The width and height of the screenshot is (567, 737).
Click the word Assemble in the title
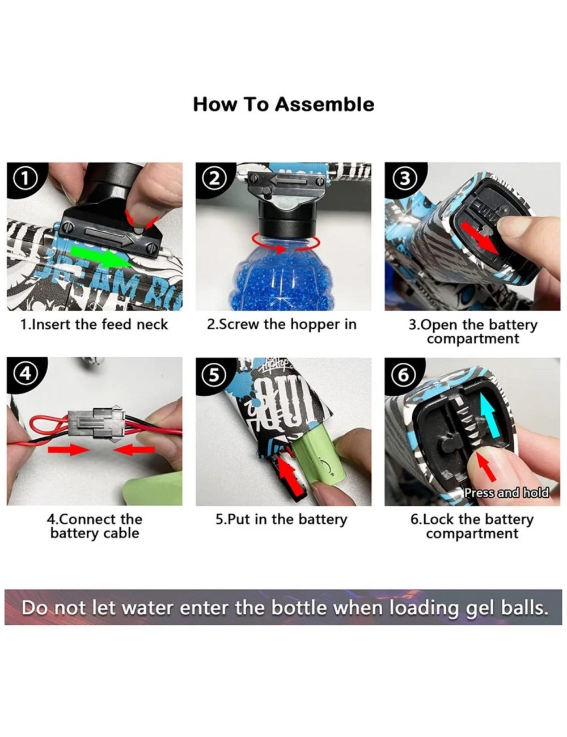coord(324,104)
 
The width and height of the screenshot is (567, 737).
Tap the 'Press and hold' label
coord(507,493)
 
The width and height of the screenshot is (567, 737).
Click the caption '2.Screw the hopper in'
coord(282,324)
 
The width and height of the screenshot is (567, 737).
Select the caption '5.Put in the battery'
coord(281,519)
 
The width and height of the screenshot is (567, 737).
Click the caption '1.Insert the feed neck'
coord(94,324)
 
